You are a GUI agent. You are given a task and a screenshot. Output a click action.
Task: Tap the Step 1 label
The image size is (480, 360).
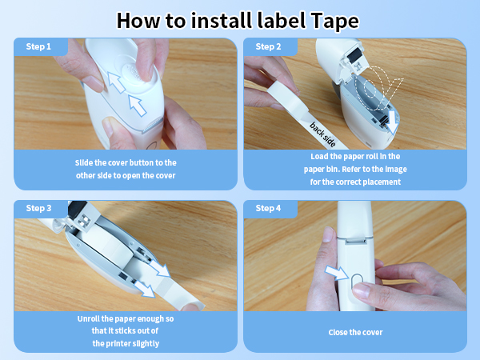point(38,47)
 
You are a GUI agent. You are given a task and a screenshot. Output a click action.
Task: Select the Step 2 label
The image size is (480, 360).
point(268,47)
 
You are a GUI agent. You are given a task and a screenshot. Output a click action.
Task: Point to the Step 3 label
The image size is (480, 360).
point(38,209)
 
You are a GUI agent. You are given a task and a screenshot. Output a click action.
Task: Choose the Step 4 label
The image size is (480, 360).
point(268,209)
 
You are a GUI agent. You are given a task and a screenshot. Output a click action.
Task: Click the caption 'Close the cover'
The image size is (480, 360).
point(354,332)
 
